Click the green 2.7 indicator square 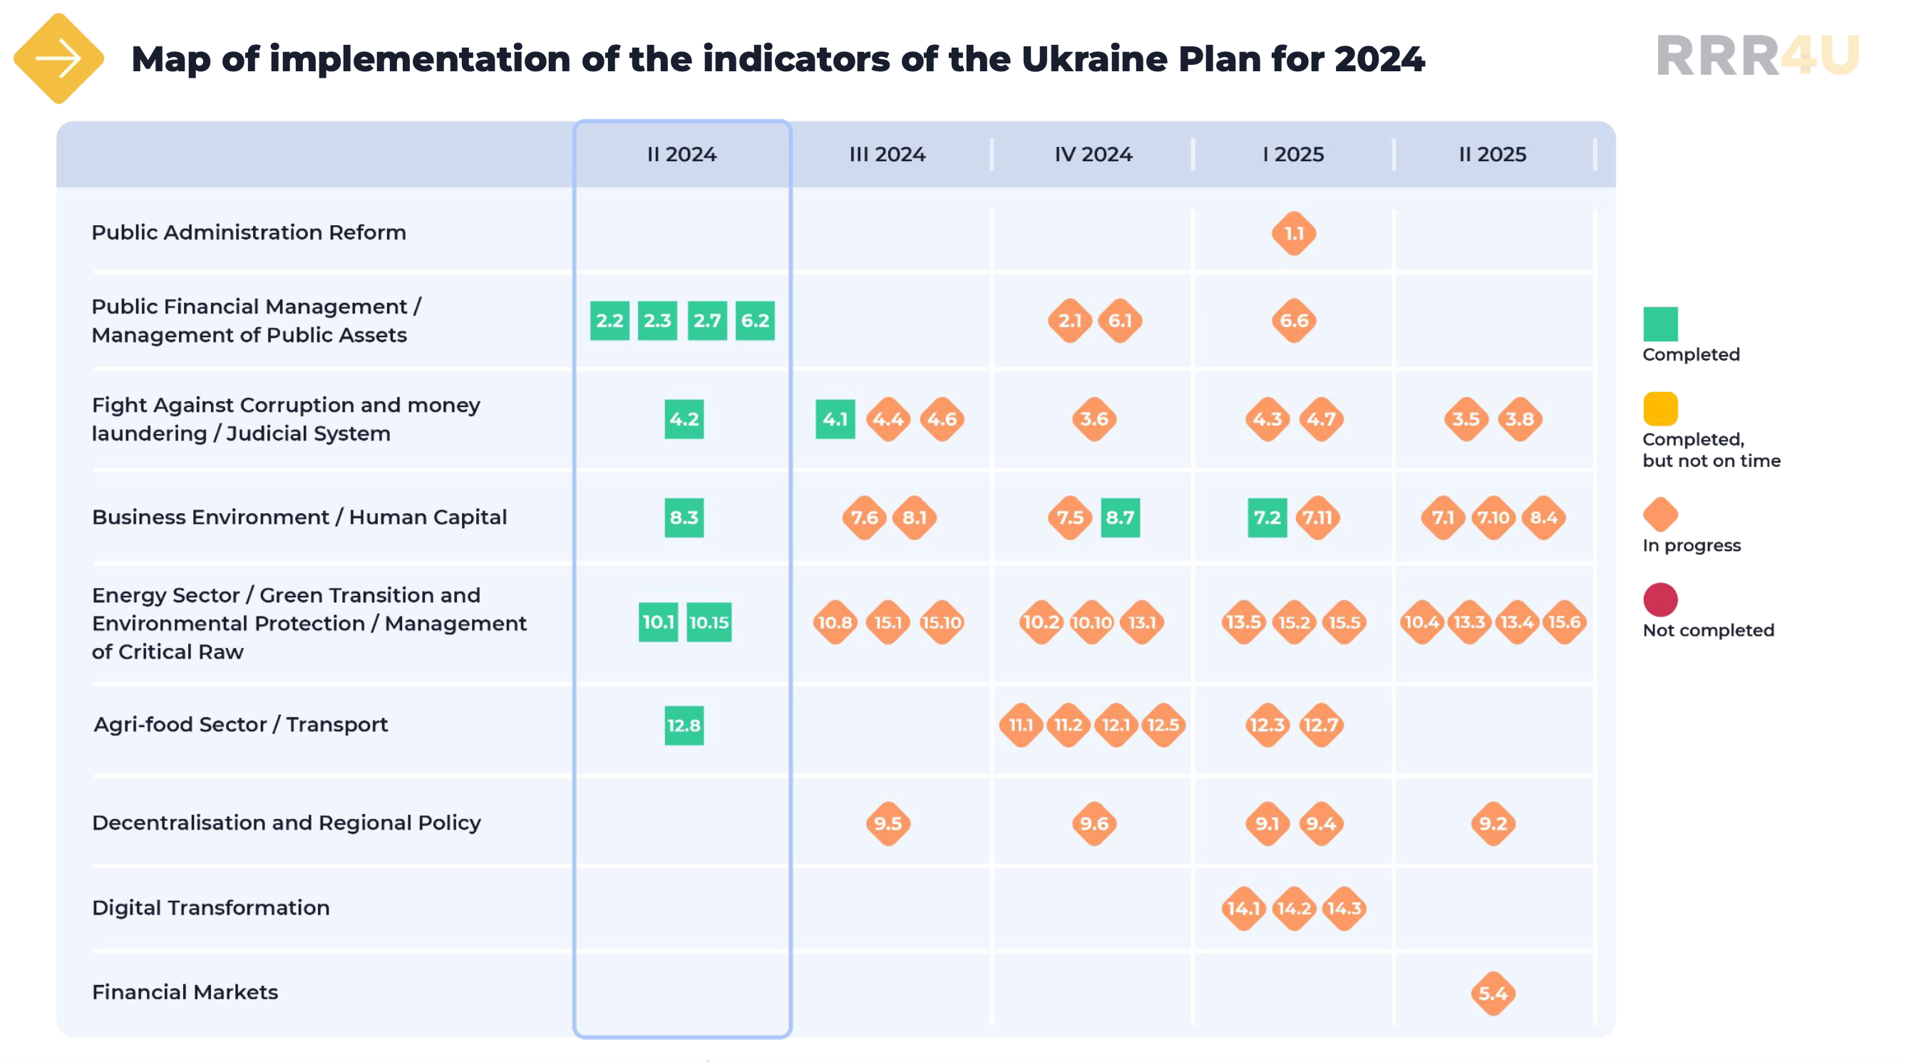point(706,321)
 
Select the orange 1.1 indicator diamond point(1293,234)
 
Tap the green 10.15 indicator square point(709,622)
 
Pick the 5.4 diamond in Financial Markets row point(1493,993)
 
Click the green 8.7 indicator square point(1120,517)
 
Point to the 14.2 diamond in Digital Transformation point(1293,908)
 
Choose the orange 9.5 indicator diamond point(887,823)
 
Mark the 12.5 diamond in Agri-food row point(1163,725)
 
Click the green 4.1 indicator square point(835,420)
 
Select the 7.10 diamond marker point(1493,517)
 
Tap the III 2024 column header point(887,154)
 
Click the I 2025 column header point(1293,154)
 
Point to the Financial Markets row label point(185,992)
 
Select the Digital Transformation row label point(210,908)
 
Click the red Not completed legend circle point(1660,599)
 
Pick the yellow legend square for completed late point(1660,408)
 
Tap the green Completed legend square point(1660,324)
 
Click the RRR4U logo point(1757,56)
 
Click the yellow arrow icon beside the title point(58,58)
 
